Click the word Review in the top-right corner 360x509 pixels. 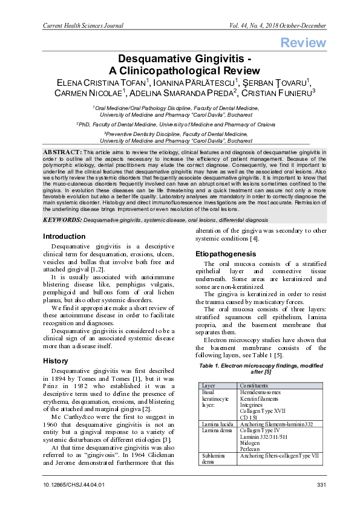pyautogui.click(x=303, y=42)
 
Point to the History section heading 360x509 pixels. pyautogui.click(x=56, y=360)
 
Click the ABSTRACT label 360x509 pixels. pyautogui.click(x=62, y=150)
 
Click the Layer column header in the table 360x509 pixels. pyautogui.click(x=209, y=386)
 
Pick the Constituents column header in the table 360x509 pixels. pyautogui.click(x=257, y=386)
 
